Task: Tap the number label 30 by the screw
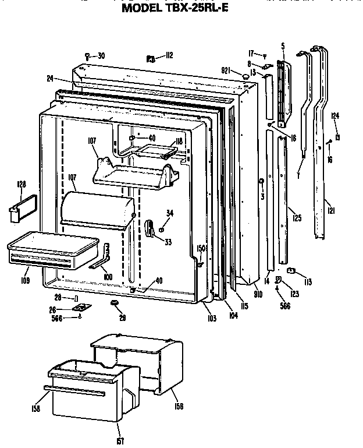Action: [101, 56]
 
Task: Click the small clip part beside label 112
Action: [150, 58]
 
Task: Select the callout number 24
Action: [50, 77]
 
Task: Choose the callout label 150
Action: [201, 248]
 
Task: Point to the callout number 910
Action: [258, 295]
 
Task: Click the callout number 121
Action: [330, 209]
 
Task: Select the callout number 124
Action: [335, 116]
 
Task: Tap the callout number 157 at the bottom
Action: [120, 440]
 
